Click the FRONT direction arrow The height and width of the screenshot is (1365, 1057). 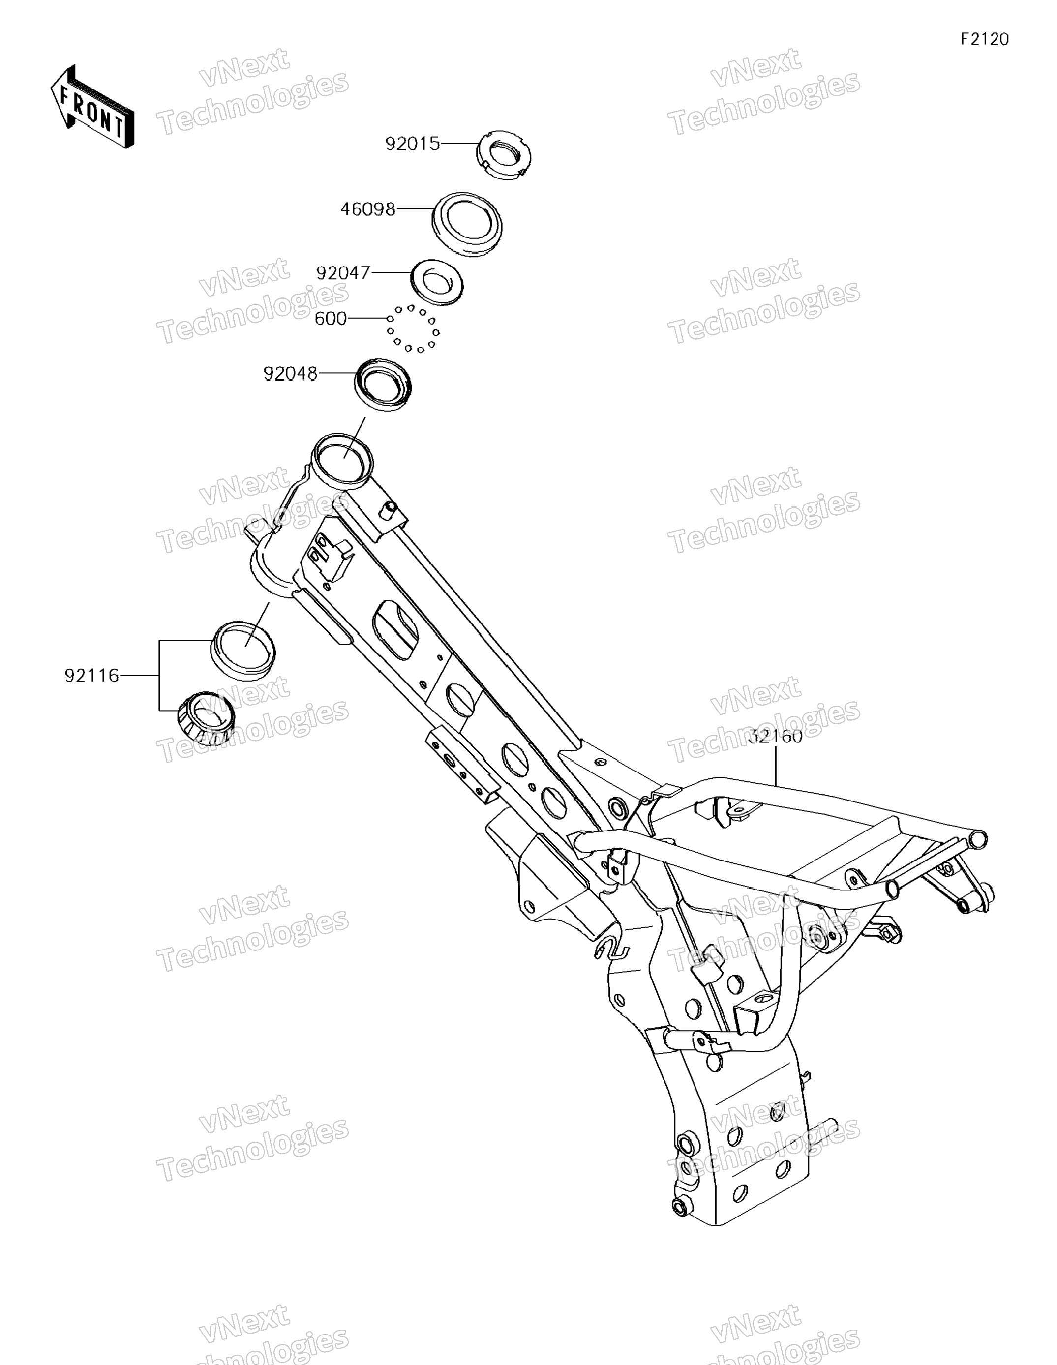[92, 107]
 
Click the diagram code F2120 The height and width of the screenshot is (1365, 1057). [985, 39]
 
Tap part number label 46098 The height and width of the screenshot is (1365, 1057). [367, 209]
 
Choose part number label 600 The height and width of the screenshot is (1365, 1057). [330, 319]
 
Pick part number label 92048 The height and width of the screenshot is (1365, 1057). [290, 374]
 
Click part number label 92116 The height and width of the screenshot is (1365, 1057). [91, 676]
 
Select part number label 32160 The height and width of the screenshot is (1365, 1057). [775, 736]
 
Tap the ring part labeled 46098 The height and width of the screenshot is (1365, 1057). [467, 223]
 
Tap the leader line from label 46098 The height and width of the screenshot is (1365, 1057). [414, 209]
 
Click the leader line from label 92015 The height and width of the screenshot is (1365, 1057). [459, 145]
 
